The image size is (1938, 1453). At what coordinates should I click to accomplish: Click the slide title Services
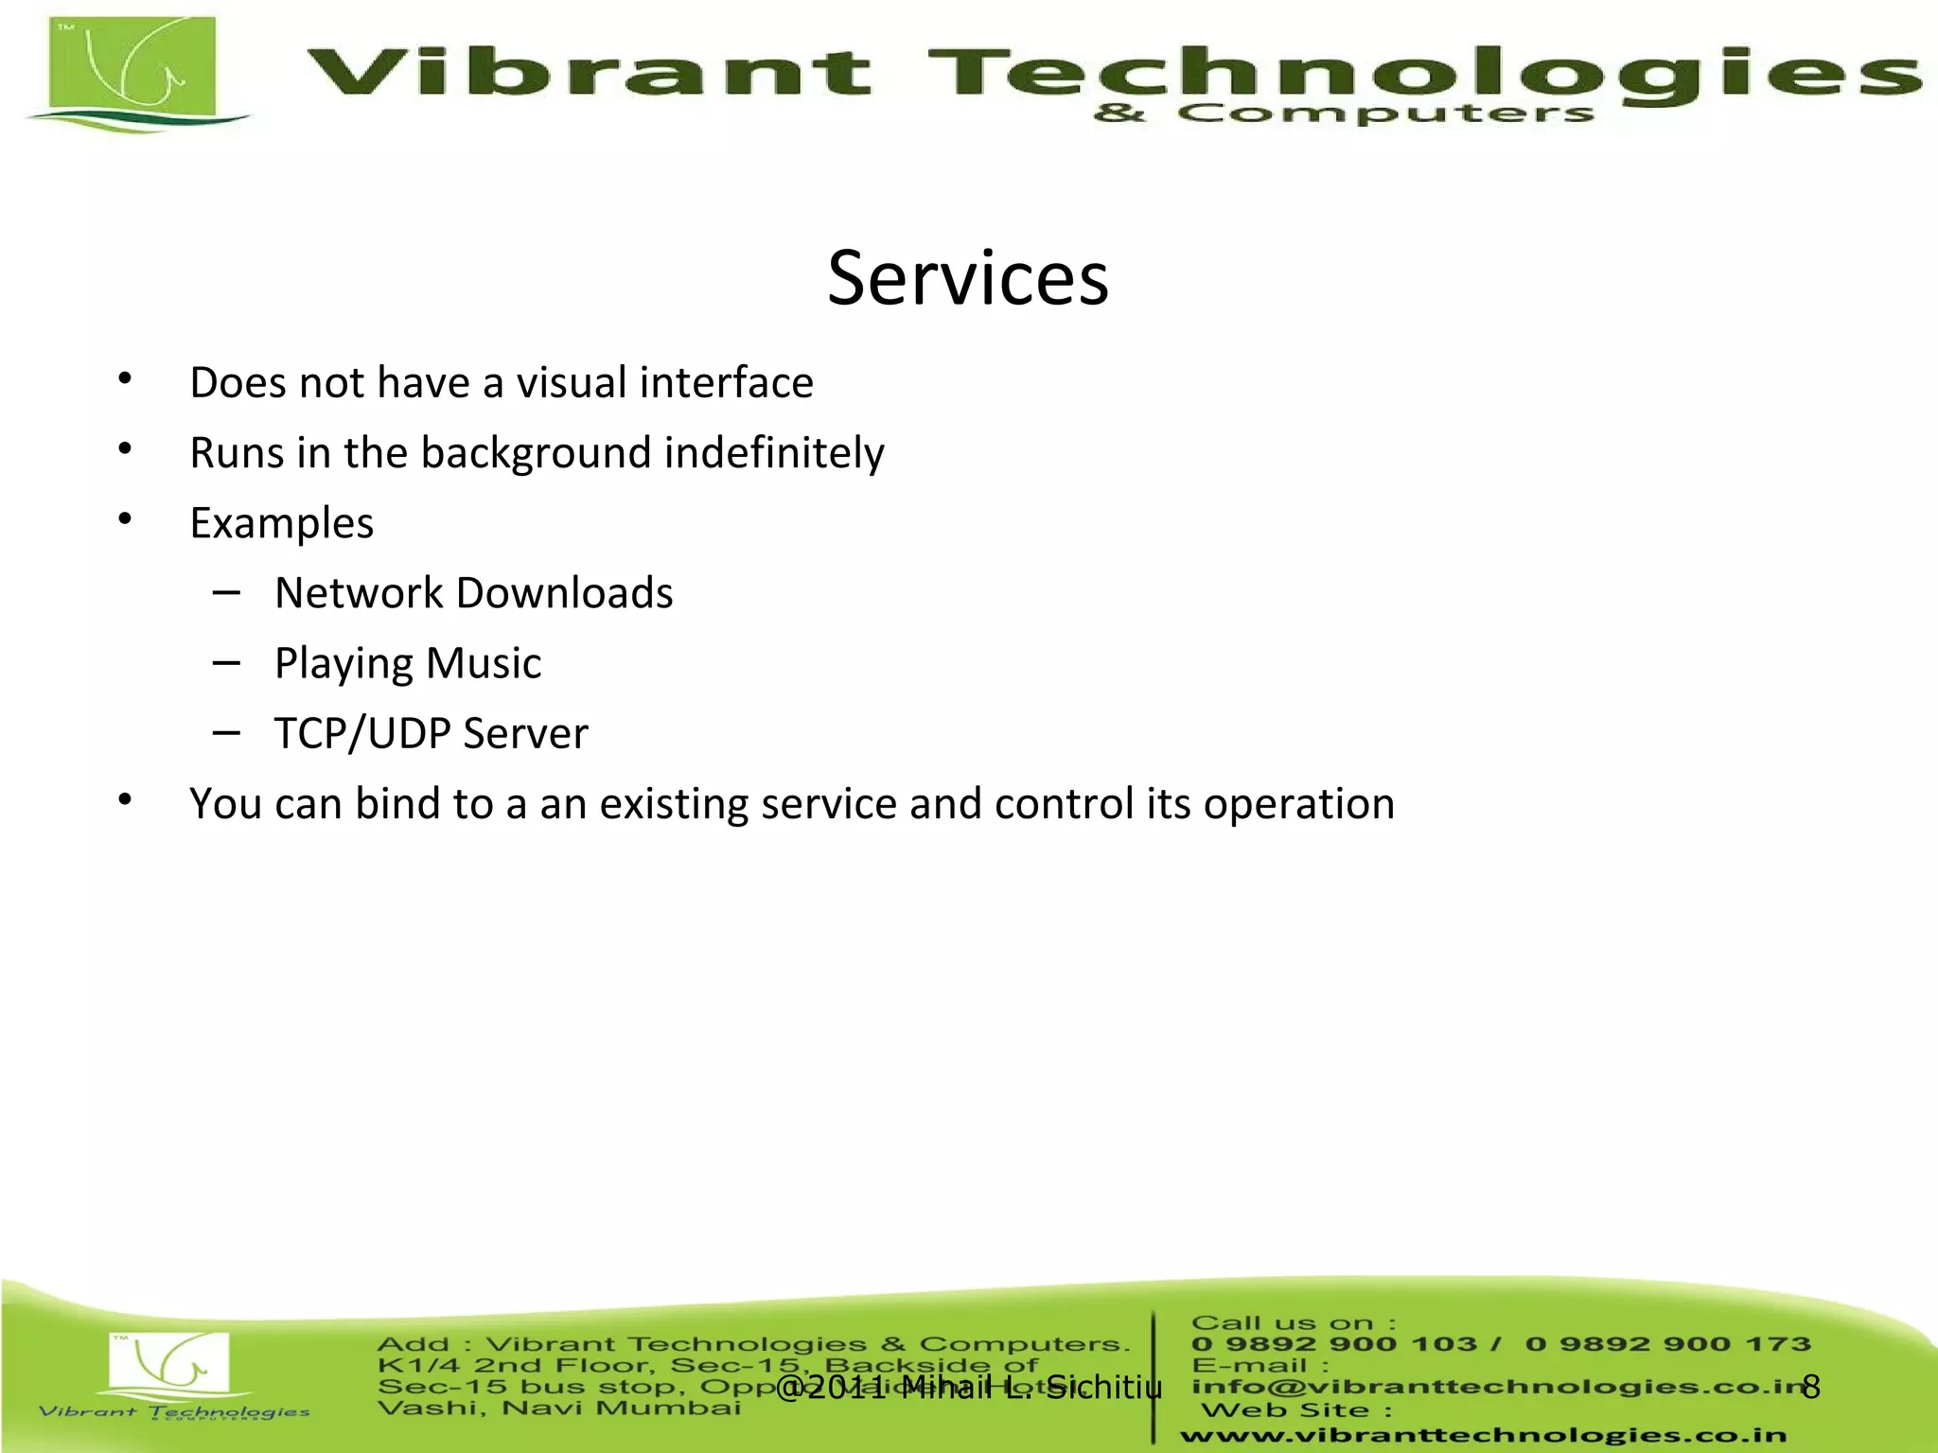pyautogui.click(x=967, y=278)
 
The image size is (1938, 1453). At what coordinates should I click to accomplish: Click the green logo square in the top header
pyautogui.click(x=133, y=66)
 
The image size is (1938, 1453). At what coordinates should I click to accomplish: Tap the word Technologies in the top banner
pyautogui.click(x=1419, y=74)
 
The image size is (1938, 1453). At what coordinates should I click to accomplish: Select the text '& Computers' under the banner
pyautogui.click(x=1344, y=114)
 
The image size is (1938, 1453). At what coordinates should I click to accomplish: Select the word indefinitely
pyautogui.click(x=774, y=454)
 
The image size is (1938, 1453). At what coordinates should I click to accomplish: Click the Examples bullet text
pyautogui.click(x=282, y=523)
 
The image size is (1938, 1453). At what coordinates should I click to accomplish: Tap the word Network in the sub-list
pyautogui.click(x=359, y=593)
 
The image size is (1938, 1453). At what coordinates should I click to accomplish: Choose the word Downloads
pyautogui.click(x=564, y=593)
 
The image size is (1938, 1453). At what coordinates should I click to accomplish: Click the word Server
pyautogui.click(x=525, y=734)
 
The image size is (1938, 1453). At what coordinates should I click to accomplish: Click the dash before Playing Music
pyautogui.click(x=226, y=663)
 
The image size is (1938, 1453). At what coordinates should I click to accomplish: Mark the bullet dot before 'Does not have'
pyautogui.click(x=125, y=380)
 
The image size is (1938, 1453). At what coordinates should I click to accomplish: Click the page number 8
pyautogui.click(x=1810, y=1387)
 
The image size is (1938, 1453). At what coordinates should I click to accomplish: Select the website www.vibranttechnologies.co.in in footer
pyautogui.click(x=1483, y=1435)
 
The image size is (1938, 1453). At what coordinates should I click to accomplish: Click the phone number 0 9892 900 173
pyautogui.click(x=1667, y=1344)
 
